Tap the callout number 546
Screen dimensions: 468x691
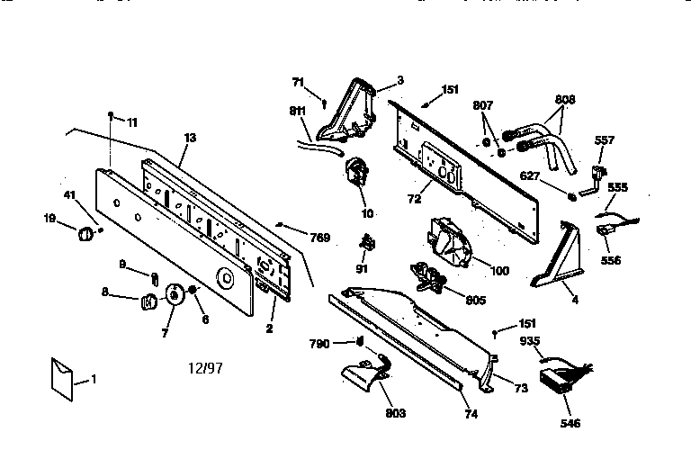[x=570, y=423]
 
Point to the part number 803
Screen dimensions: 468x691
[x=394, y=413]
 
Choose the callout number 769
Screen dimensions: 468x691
[x=319, y=238]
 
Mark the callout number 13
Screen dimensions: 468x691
[x=190, y=138]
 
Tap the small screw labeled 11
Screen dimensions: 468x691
[x=110, y=116]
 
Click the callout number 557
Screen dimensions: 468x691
[x=605, y=140]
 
